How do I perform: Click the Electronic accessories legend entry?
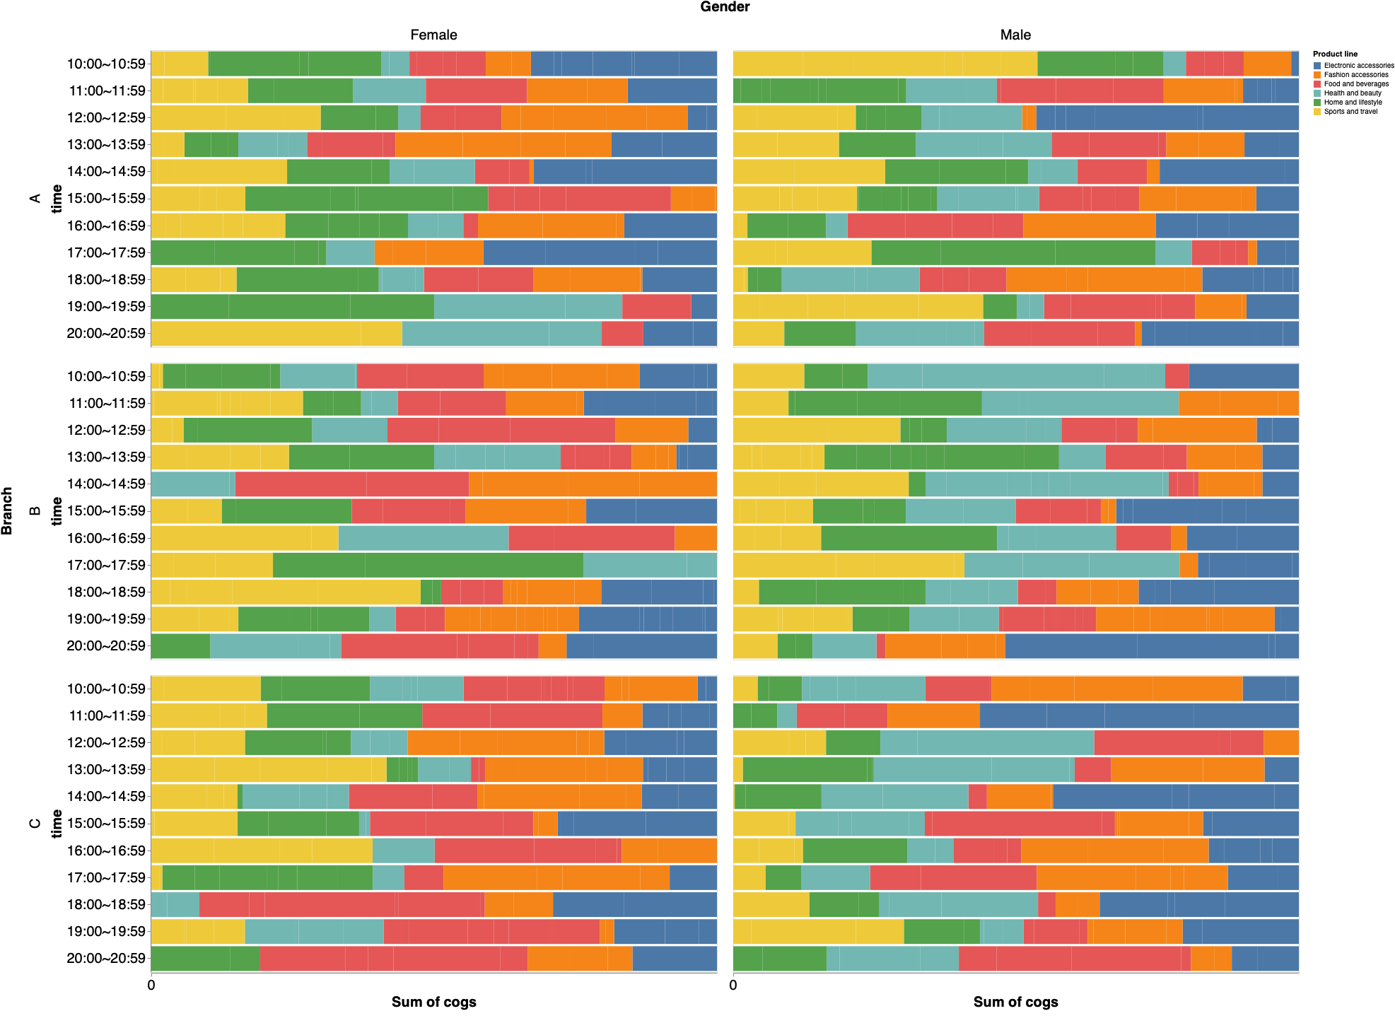point(1358,65)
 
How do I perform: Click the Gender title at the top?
point(725,7)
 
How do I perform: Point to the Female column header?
point(433,35)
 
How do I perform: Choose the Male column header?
point(1015,35)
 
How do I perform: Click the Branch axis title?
point(8,510)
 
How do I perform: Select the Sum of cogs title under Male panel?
point(1015,1002)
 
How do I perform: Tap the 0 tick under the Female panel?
point(151,985)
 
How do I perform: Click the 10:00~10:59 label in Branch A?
point(106,64)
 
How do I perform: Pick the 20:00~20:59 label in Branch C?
point(106,959)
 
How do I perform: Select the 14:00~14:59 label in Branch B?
point(106,484)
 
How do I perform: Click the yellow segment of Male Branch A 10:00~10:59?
point(884,64)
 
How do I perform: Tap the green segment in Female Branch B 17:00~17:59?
point(428,565)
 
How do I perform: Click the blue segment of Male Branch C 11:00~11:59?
point(1138,715)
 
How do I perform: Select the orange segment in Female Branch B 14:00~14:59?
point(593,484)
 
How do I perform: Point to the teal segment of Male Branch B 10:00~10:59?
point(1015,376)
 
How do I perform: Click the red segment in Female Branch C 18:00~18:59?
point(342,904)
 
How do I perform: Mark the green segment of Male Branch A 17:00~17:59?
point(1012,252)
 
